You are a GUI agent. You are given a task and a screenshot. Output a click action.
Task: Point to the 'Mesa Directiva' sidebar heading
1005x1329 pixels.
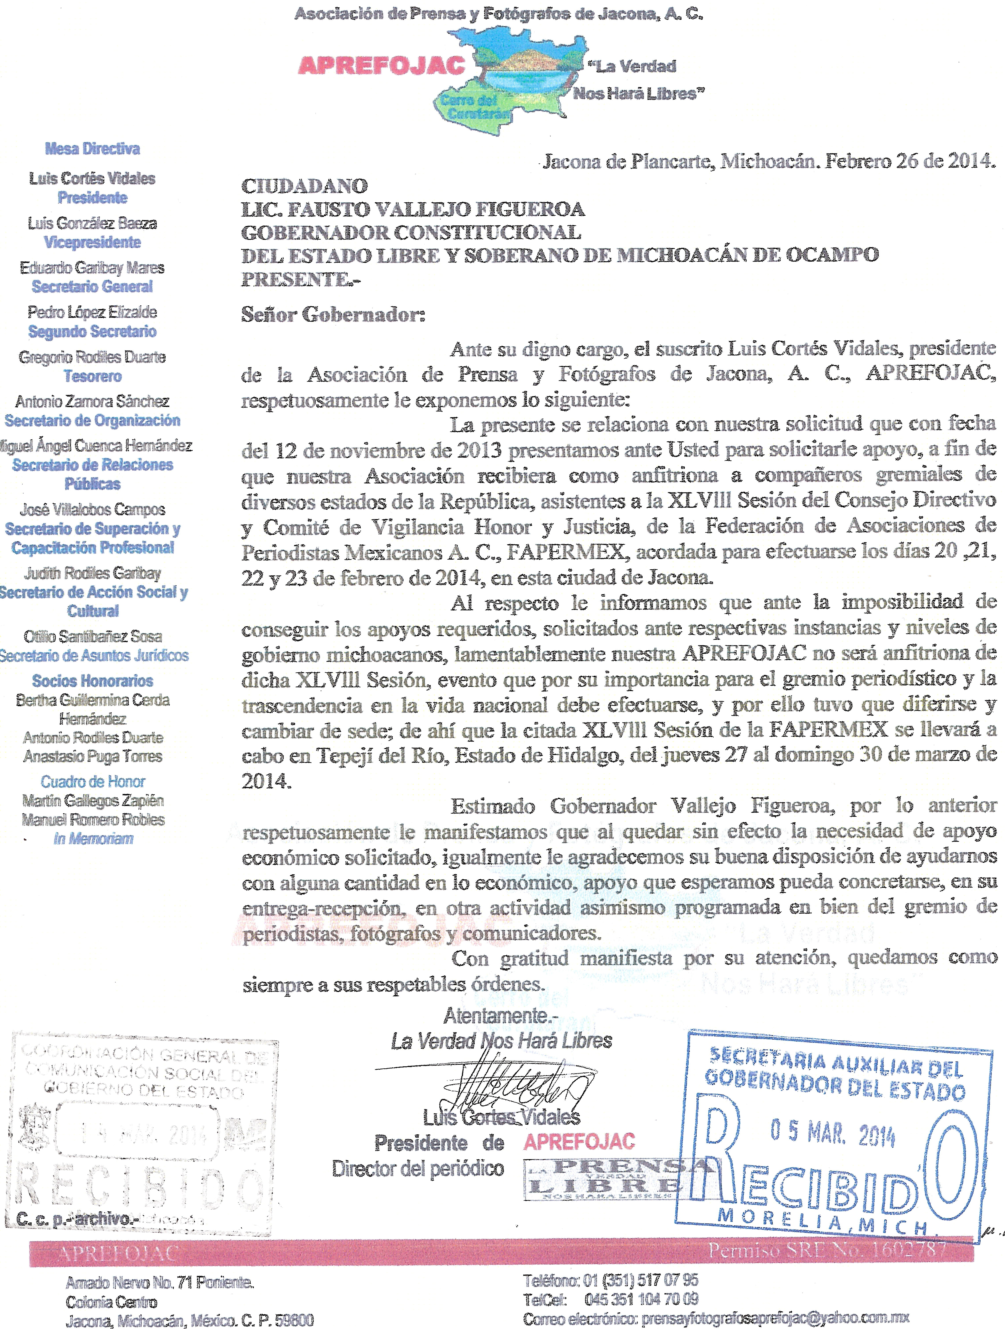(x=93, y=148)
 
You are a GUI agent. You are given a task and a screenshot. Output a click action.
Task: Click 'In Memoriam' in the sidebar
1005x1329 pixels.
(x=93, y=839)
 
